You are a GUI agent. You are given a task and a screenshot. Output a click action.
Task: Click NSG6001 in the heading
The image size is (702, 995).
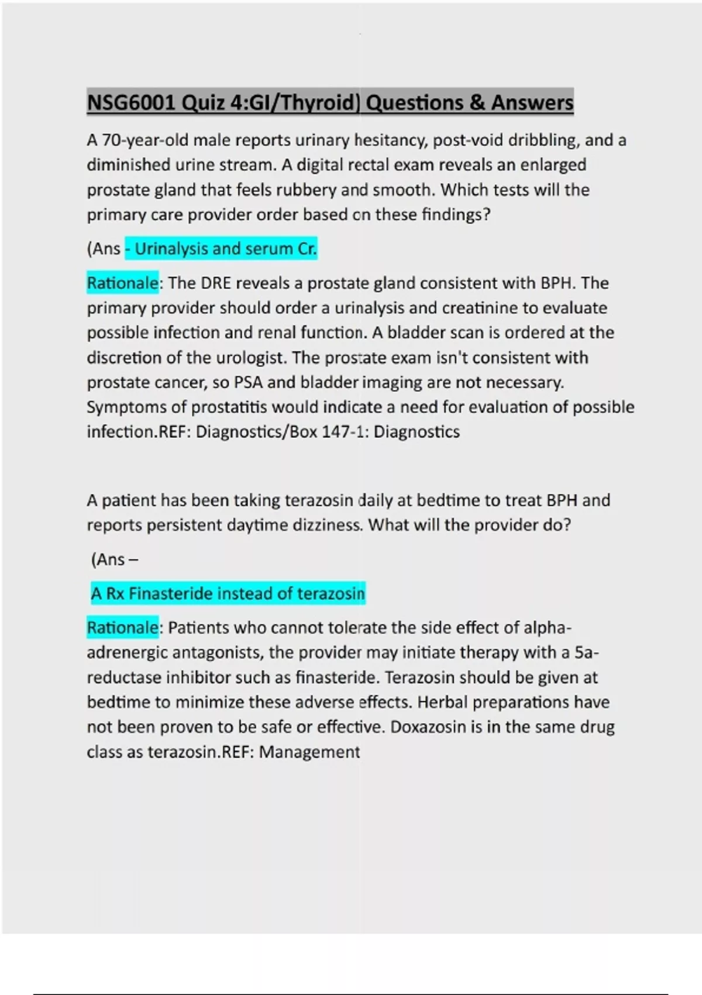point(131,103)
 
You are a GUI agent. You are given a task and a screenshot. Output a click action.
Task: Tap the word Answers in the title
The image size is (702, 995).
point(532,103)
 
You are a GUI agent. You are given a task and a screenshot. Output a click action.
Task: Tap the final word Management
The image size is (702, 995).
point(309,752)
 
